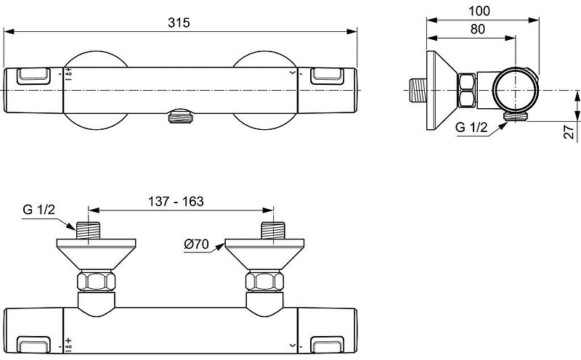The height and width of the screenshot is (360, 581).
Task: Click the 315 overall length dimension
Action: (x=179, y=22)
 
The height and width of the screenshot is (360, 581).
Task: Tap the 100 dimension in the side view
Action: (x=479, y=11)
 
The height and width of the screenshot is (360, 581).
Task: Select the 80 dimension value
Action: (x=478, y=29)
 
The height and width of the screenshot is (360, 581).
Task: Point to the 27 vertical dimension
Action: (x=569, y=132)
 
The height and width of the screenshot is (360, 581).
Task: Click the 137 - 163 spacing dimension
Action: (x=176, y=202)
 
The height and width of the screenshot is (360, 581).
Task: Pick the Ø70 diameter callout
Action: (x=196, y=245)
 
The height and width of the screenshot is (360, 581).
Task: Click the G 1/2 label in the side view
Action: (x=471, y=128)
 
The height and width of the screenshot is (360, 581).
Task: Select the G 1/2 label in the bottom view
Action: (x=38, y=210)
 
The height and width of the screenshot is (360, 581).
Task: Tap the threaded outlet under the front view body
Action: (x=180, y=116)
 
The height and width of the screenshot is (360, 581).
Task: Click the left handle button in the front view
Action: (x=33, y=75)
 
